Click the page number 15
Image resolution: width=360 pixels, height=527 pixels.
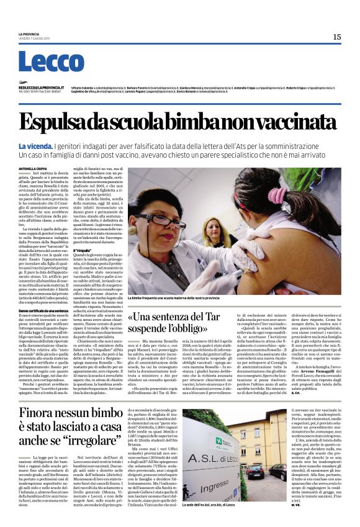336,37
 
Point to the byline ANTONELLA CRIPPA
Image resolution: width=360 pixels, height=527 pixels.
32,168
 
